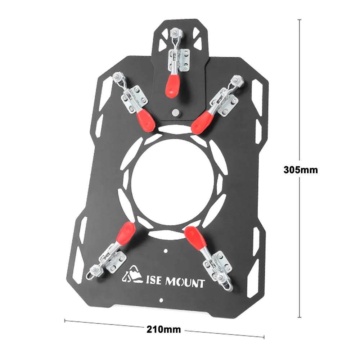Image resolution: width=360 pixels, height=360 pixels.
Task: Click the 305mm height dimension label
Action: pos(301,170)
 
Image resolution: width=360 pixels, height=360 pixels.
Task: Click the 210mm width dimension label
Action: pos(164,329)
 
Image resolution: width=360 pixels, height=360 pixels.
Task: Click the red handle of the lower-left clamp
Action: pos(126,232)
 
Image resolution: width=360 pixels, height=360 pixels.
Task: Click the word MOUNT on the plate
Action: pos(185,282)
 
